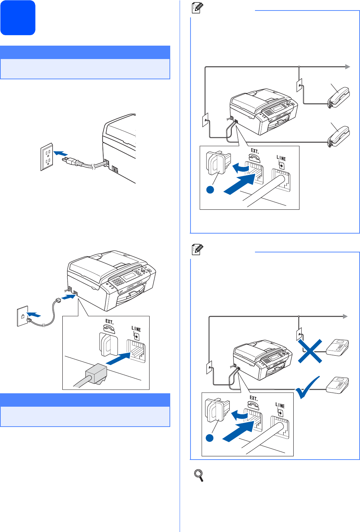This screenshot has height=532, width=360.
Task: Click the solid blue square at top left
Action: (18, 18)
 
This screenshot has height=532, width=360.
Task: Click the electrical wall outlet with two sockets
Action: (47, 156)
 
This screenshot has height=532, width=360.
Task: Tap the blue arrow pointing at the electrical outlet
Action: (60, 154)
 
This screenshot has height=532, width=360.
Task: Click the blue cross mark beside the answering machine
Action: (310, 351)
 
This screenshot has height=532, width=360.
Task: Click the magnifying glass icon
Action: (199, 475)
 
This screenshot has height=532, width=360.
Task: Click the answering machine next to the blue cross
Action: (338, 348)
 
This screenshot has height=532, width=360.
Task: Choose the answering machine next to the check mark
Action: (338, 385)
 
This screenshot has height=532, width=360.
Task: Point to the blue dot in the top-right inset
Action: (210, 189)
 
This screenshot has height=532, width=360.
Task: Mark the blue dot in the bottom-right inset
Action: (209, 438)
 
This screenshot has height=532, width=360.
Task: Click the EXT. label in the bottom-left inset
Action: (109, 322)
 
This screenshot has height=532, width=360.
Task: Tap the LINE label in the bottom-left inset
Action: (136, 329)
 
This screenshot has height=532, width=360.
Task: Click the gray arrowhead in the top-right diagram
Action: (348, 67)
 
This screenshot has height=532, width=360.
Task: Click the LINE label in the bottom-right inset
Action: (280, 406)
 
